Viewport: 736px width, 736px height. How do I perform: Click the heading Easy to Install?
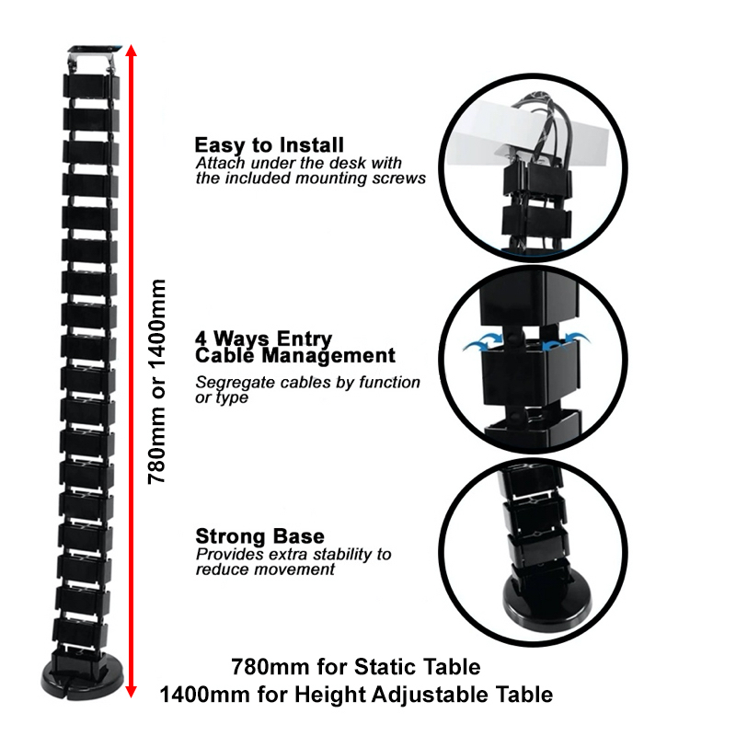pos(269,145)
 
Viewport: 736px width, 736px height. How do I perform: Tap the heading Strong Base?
pos(259,536)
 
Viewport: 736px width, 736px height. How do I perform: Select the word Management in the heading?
pos(328,356)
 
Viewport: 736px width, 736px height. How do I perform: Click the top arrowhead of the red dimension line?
pos(132,51)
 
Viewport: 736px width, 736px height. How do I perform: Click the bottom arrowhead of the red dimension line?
pos(132,692)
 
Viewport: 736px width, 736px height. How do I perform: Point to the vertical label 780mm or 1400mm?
pos(156,381)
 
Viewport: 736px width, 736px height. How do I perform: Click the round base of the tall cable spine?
pos(82,677)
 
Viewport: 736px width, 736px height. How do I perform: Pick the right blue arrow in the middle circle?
pos(566,341)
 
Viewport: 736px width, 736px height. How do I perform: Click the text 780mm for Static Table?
pos(356,666)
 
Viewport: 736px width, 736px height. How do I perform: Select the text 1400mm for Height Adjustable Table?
pos(356,695)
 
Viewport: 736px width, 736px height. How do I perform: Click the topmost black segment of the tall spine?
pos(91,86)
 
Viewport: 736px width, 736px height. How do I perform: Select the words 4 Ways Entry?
pos(263,339)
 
